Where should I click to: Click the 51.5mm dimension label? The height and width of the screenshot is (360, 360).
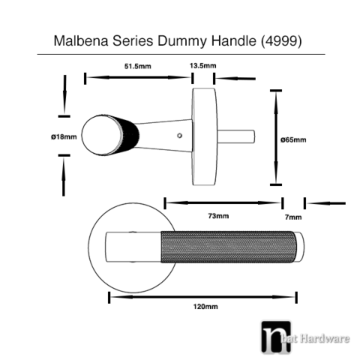136,66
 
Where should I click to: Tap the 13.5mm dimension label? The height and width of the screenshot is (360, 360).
203,66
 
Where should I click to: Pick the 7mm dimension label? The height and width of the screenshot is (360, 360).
294,216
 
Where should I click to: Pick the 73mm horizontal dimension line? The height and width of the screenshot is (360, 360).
223,202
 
